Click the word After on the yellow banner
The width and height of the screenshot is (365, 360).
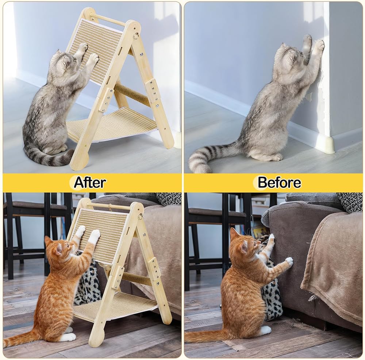point(90,182)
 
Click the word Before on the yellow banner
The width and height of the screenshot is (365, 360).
point(279,182)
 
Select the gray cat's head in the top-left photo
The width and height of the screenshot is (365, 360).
point(63,61)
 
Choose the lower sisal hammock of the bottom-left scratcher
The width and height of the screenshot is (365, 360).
point(114,305)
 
